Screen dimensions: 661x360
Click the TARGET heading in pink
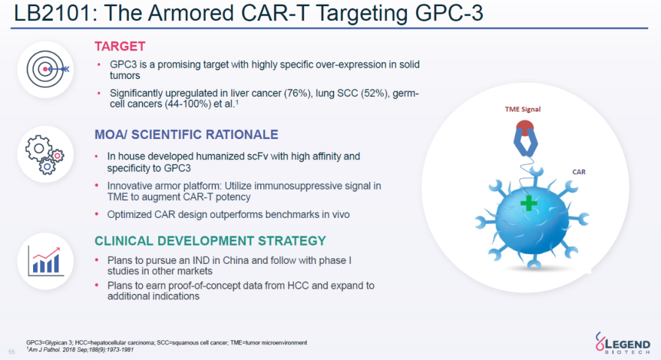click(120, 47)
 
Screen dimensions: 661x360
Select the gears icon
click(45, 155)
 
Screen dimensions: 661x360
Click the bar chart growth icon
click(45, 261)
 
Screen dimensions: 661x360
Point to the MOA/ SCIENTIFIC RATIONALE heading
click(186, 135)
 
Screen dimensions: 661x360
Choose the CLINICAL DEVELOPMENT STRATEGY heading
click(211, 241)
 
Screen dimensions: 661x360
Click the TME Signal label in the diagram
click(523, 109)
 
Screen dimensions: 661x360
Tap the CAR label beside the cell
click(579, 172)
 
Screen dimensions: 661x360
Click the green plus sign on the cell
click(529, 204)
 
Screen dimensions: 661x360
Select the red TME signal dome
click(525, 127)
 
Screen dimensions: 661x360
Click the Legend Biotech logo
click(622, 343)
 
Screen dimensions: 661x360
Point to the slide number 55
click(12, 351)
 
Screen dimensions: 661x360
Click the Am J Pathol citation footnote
click(80, 350)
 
